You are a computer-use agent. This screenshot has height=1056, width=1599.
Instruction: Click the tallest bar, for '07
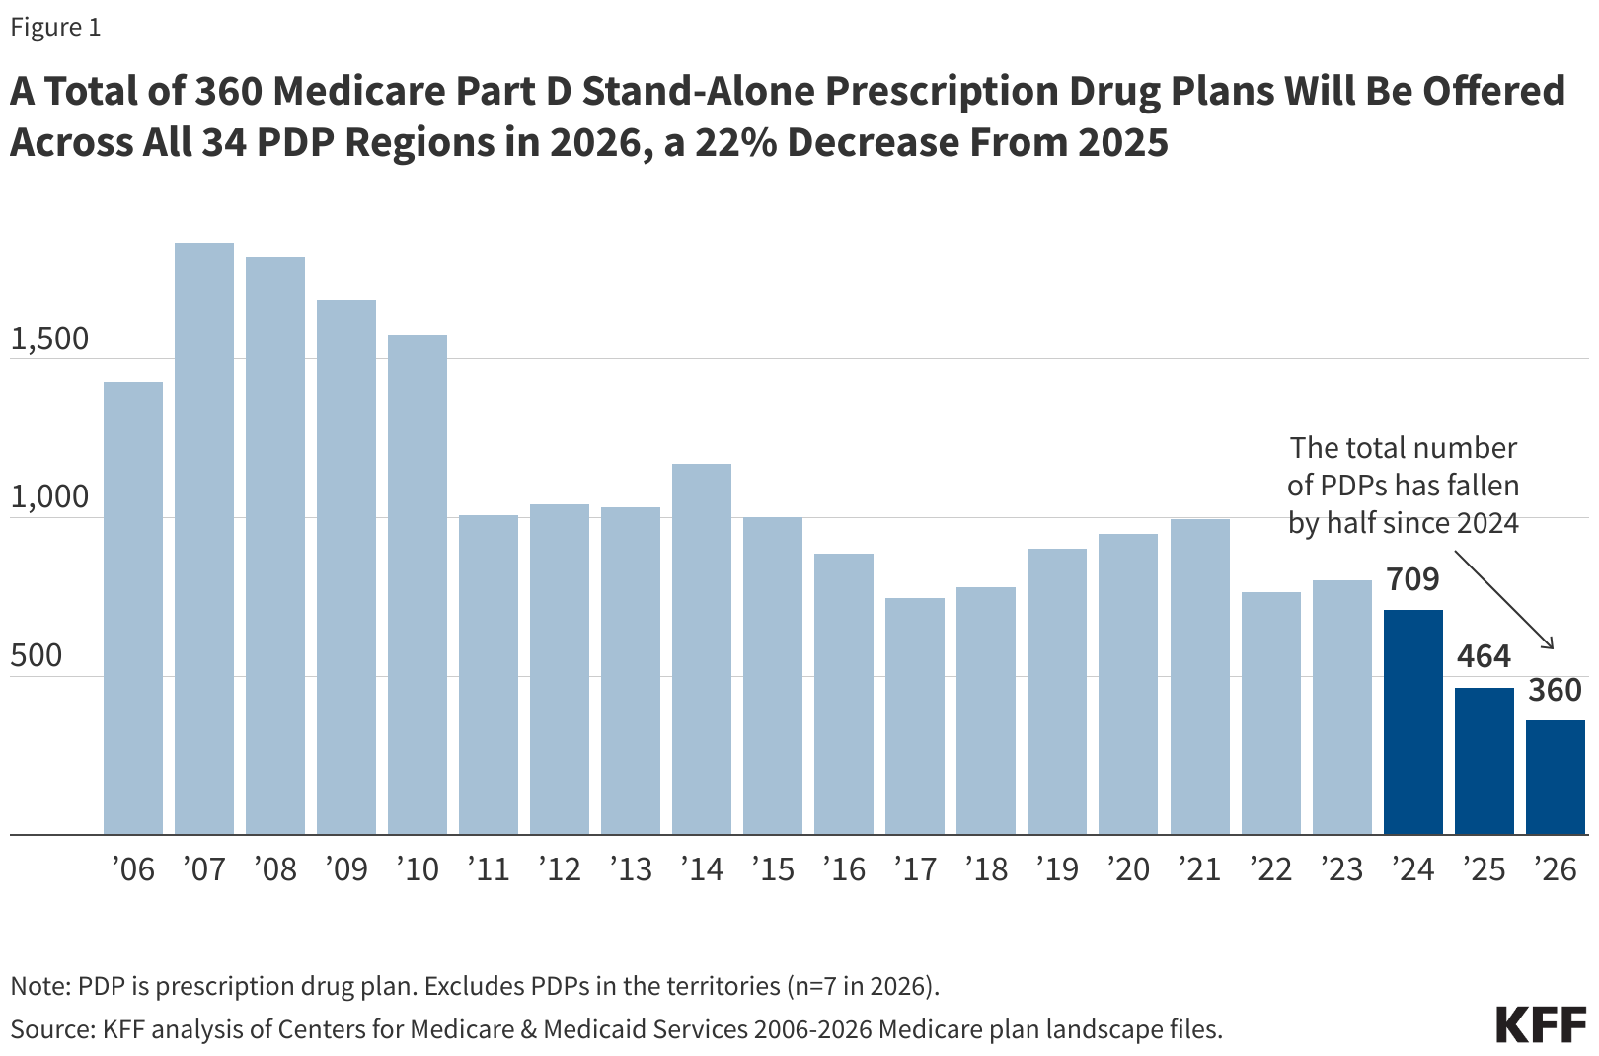point(204,539)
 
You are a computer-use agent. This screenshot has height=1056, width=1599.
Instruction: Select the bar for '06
point(133,608)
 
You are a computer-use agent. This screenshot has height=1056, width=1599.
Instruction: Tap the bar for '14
point(702,649)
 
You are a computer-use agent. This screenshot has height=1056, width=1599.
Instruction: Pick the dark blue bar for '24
point(1413,722)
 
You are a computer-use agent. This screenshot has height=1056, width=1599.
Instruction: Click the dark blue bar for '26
point(1556,778)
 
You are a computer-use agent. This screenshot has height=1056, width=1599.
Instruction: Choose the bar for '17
point(915,717)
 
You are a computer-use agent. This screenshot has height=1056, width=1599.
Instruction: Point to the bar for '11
point(489,675)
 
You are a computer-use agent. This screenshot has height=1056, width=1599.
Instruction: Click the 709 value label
point(1413,579)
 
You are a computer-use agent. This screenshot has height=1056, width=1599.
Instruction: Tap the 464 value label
point(1485,656)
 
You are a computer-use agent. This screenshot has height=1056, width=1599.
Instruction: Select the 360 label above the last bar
point(1556,690)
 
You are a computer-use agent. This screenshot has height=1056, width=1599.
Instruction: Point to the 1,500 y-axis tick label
point(49,339)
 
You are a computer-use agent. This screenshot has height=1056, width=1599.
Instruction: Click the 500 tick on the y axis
point(37,655)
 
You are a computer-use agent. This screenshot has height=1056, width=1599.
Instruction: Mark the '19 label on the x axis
point(1057,869)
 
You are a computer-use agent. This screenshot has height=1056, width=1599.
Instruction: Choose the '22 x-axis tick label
point(1270,869)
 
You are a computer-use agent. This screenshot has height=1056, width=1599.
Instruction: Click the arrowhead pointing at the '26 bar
point(1551,645)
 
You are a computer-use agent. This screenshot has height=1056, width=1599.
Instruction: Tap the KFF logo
point(1541,1024)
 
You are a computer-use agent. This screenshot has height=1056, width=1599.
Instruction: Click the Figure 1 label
point(55,27)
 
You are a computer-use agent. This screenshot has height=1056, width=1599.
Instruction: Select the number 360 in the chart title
point(228,91)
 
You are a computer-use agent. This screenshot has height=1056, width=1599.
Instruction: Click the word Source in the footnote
point(49,1029)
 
